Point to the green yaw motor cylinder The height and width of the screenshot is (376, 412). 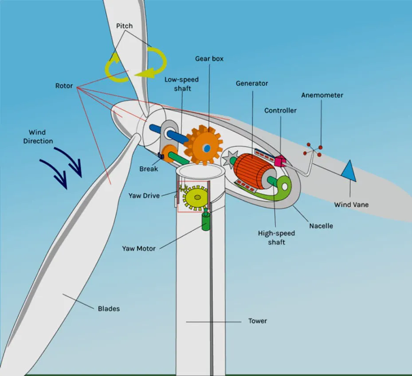pos(206,221)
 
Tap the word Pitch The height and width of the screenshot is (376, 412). pos(124,26)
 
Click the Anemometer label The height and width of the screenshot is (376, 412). pos(322,95)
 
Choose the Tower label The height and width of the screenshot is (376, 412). pos(258,321)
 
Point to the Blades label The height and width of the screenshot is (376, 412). pos(109,308)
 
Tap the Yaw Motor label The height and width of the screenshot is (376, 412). pos(139,248)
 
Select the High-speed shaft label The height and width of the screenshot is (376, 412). pos(276,237)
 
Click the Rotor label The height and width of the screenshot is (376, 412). pos(64,85)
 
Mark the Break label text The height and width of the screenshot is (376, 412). pos(149,169)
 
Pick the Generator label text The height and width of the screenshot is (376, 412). pos(252,83)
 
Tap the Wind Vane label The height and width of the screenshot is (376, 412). pos(351,205)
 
